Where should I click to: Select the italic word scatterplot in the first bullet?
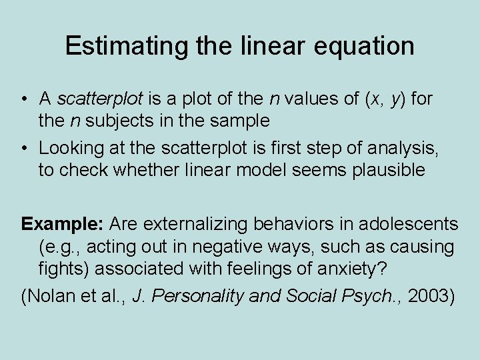[100, 100]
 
